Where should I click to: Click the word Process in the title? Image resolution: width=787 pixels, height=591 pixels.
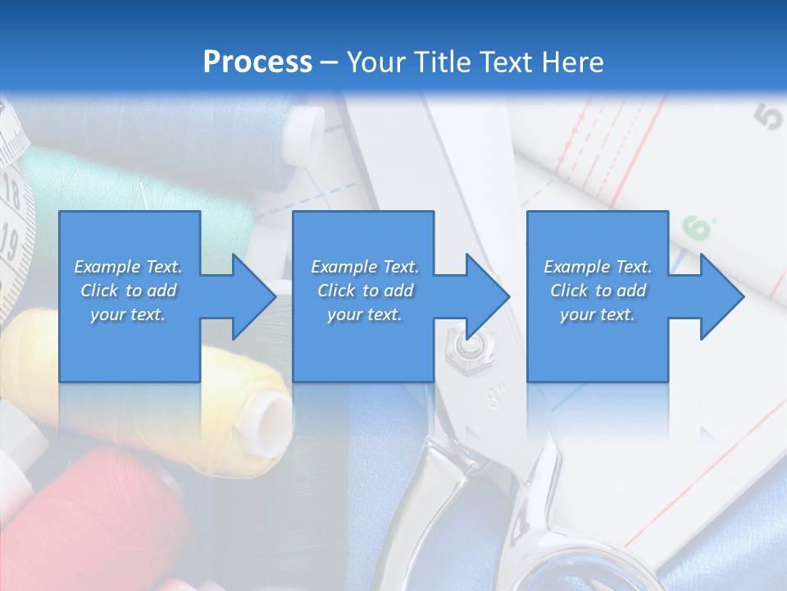[x=257, y=62]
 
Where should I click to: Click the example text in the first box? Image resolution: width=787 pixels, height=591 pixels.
[x=129, y=291]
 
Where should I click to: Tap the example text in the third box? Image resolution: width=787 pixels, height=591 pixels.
[x=598, y=291]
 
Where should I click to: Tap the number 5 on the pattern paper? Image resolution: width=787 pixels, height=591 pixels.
[x=768, y=117]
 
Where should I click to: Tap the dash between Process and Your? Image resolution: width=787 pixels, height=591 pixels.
[x=329, y=62]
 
